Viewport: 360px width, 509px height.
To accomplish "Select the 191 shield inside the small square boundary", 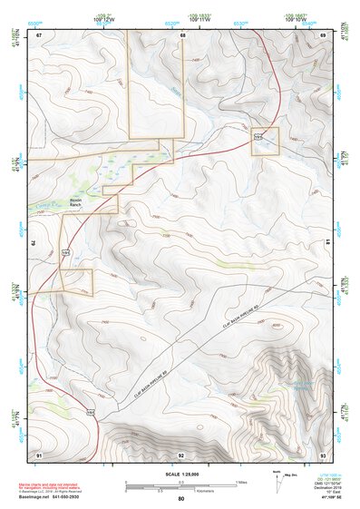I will point(258,137).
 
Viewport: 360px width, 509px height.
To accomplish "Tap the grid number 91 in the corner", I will point(39,454).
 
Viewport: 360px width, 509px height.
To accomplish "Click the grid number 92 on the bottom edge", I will point(181,454).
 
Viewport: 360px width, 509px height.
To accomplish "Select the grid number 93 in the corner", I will point(324,454).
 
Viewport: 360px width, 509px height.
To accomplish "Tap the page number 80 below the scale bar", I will point(180,499).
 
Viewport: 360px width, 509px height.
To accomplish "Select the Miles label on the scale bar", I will point(239,482).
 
